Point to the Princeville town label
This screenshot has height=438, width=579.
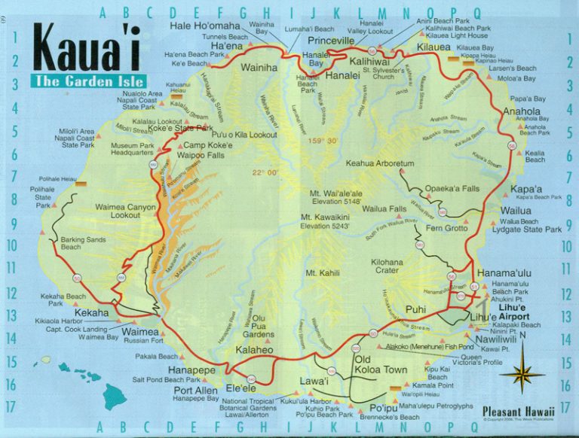330,40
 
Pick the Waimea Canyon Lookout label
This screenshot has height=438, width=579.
126,210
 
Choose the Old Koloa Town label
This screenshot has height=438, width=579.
381,364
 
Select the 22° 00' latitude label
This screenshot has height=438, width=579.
266,172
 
